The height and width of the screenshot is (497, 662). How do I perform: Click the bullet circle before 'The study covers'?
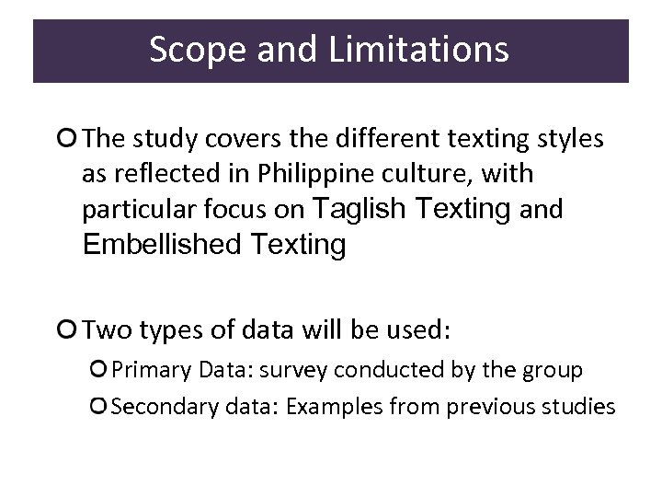tap(66, 139)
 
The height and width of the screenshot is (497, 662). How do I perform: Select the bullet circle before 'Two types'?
tap(66, 329)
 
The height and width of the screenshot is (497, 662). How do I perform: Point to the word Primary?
tap(147, 369)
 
